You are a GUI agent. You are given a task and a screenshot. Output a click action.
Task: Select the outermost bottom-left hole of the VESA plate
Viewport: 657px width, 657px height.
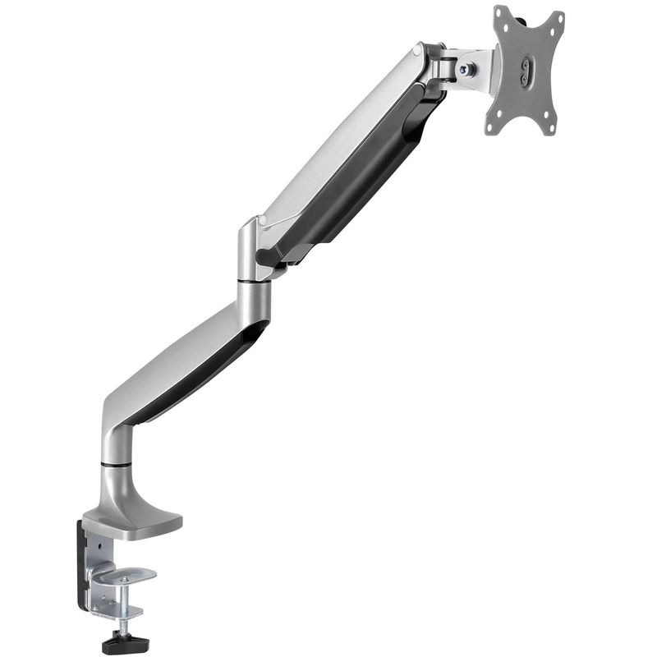click(492, 127)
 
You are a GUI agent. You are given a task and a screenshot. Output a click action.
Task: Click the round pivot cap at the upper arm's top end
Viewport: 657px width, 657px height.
click(418, 52)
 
